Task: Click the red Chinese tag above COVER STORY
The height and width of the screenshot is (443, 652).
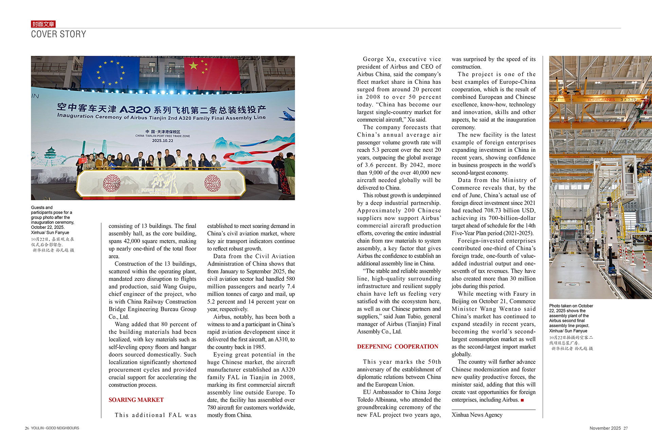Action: pyautogui.click(x=43, y=24)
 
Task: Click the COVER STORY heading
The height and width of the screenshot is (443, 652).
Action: pyautogui.click(x=58, y=34)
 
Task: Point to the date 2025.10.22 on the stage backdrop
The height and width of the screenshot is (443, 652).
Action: pyautogui.click(x=162, y=141)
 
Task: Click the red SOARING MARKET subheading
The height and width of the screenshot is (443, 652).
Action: pyautogui.click(x=136, y=400)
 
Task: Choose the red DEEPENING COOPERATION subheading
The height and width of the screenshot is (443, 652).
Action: pyautogui.click(x=397, y=346)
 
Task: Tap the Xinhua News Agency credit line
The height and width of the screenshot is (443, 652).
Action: pyautogui.click(x=477, y=414)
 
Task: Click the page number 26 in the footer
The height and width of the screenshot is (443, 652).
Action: pyautogui.click(x=27, y=428)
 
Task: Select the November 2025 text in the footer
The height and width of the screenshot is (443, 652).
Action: pyautogui.click(x=605, y=428)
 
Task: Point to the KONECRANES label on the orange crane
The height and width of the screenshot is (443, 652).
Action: pyautogui.click(x=601, y=100)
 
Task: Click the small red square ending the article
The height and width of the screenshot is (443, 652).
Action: pyautogui.click(x=522, y=400)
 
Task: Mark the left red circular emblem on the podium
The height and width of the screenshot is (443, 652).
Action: pyautogui.click(x=111, y=183)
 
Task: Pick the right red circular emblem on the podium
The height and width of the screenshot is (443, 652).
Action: pyautogui.click(x=213, y=183)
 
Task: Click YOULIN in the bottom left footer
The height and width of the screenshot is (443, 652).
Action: pyautogui.click(x=37, y=428)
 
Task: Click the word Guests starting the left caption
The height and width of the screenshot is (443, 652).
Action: pyautogui.click(x=37, y=207)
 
